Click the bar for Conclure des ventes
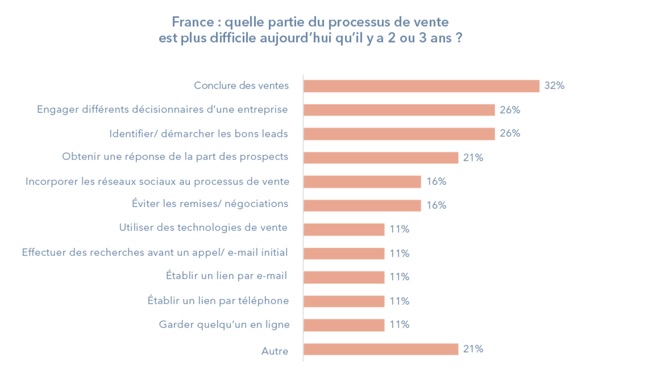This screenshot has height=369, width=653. [422, 86]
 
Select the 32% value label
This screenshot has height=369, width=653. [554, 85]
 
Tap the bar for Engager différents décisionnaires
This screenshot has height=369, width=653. [399, 110]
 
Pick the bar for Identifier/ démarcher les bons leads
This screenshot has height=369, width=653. [399, 134]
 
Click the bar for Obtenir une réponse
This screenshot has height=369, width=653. [381, 158]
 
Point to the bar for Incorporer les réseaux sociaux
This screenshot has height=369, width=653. [362, 182]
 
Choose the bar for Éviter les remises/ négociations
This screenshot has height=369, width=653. [362, 206]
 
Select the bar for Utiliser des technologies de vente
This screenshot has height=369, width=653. [344, 229]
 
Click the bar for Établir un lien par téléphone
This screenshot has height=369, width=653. [344, 301]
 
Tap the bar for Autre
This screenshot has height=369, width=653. [381, 349]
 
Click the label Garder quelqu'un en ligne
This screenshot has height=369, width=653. [224, 325]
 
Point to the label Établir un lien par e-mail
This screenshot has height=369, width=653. [226, 275]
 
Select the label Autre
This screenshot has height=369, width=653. [275, 351]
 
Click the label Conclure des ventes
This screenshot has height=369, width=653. [241, 86]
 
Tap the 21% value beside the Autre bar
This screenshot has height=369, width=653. [473, 349]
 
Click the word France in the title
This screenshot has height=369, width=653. [193, 22]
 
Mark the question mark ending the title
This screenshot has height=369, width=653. [459, 38]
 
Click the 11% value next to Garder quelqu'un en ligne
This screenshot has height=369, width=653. [399, 325]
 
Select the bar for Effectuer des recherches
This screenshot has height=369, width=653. [344, 253]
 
